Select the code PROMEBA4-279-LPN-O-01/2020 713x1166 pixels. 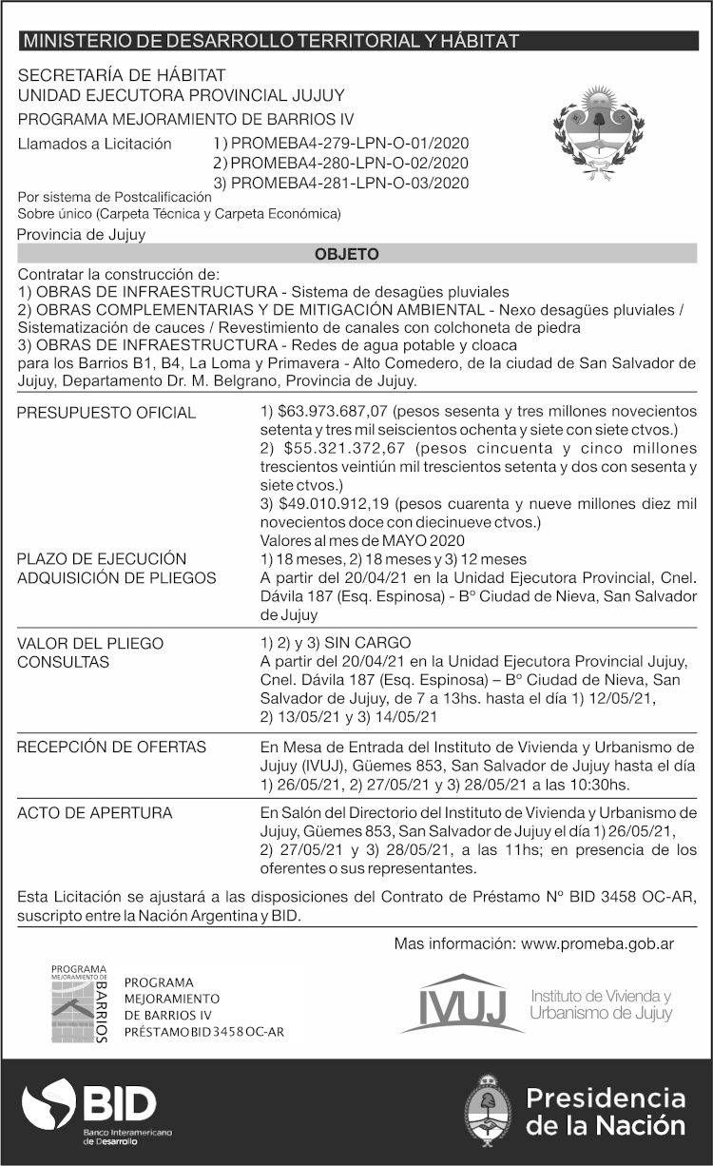pyautogui.click(x=350, y=144)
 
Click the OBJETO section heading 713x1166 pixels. pyautogui.click(x=347, y=254)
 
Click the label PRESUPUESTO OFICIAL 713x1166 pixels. pyautogui.click(x=106, y=413)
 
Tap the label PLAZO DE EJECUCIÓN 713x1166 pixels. pyautogui.click(x=102, y=558)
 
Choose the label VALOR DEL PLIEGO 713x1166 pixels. pyautogui.click(x=90, y=643)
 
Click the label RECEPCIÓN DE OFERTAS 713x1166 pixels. pyautogui.click(x=111, y=747)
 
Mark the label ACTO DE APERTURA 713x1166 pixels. pyautogui.click(x=95, y=813)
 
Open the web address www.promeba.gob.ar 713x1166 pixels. pyautogui.click(x=598, y=943)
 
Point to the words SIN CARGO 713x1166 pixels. pyautogui.click(x=365, y=643)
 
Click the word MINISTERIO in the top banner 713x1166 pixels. pyautogui.click(x=72, y=41)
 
